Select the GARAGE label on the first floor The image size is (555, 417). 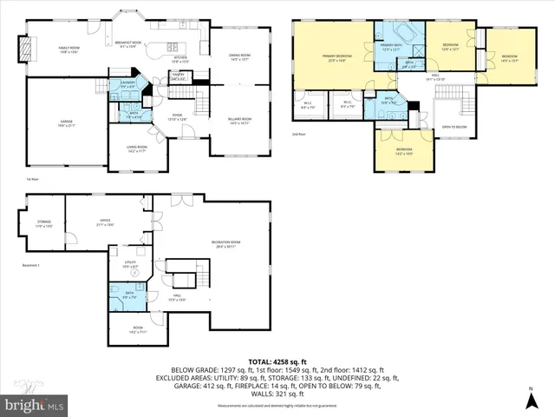point(66,123)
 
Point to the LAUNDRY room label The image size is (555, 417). point(127,84)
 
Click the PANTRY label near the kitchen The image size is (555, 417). point(180,76)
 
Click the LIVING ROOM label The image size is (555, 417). point(137,149)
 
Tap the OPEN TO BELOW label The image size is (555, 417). point(454,126)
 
